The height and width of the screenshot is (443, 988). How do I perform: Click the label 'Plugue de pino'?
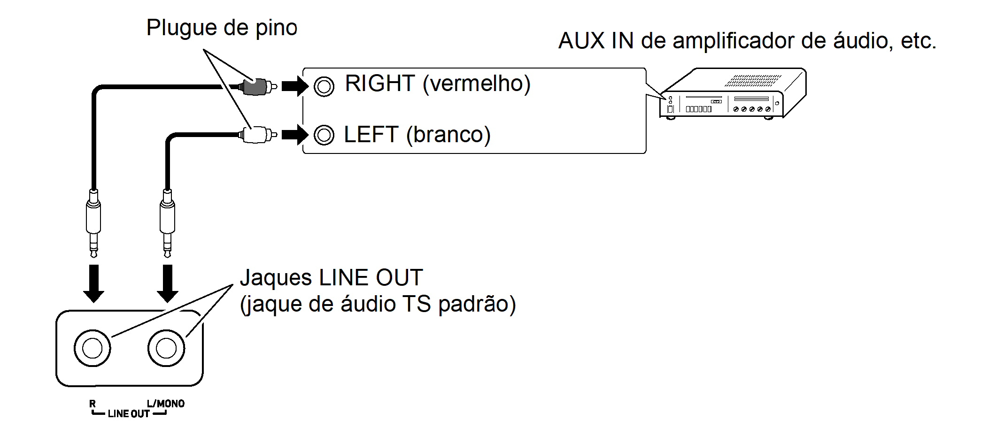tap(222, 28)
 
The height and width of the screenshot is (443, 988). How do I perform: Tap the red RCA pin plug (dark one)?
tap(256, 86)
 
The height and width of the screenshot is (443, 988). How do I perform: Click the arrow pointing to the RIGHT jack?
tap(294, 86)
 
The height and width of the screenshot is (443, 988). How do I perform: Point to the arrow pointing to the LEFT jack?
tap(294, 135)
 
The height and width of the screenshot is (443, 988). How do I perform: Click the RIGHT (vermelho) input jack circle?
tap(324, 86)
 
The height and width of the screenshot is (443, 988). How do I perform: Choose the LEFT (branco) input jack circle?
tap(324, 135)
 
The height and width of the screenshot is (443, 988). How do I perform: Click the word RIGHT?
tap(380, 84)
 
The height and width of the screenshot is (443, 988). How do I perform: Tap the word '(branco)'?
tap(448, 135)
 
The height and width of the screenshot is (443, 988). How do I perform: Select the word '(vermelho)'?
tap(476, 84)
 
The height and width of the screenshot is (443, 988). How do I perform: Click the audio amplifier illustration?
tap(733, 93)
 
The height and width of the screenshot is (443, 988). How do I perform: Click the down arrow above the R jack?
tap(93, 283)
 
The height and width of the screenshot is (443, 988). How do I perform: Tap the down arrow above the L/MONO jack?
tap(167, 283)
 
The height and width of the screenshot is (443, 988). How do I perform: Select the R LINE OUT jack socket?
tap(93, 348)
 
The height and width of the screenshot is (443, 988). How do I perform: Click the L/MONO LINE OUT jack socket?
tap(166, 348)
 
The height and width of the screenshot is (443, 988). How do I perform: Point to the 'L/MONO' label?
tap(165, 404)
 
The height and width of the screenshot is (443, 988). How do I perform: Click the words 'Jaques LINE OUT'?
tap(331, 278)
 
